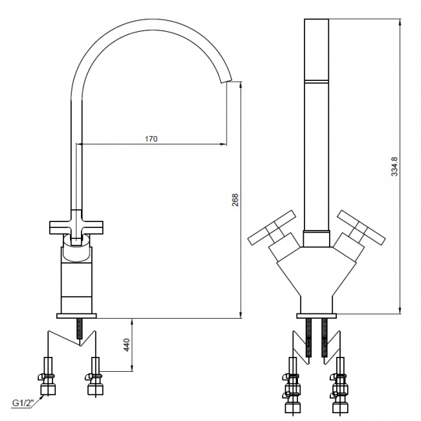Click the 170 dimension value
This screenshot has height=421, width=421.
tap(151, 139)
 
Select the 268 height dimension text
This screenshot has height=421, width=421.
tap(235, 199)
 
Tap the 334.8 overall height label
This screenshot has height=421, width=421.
tap(394, 166)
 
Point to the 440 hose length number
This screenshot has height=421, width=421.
tap(127, 345)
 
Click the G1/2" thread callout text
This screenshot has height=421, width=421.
tap(23, 403)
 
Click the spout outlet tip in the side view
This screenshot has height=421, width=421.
tap(226, 81)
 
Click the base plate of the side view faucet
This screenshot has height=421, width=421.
tap(76, 316)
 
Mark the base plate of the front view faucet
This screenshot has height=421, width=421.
tap(317, 316)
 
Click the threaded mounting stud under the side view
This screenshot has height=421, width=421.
tap(80, 328)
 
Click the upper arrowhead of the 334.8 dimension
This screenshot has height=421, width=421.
tap(400, 22)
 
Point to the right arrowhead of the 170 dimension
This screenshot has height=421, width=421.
tap(223, 144)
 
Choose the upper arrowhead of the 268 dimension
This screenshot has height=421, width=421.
tap(240, 85)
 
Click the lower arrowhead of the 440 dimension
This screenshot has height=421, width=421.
tap(132, 368)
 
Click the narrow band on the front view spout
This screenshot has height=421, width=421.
tap(317, 81)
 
